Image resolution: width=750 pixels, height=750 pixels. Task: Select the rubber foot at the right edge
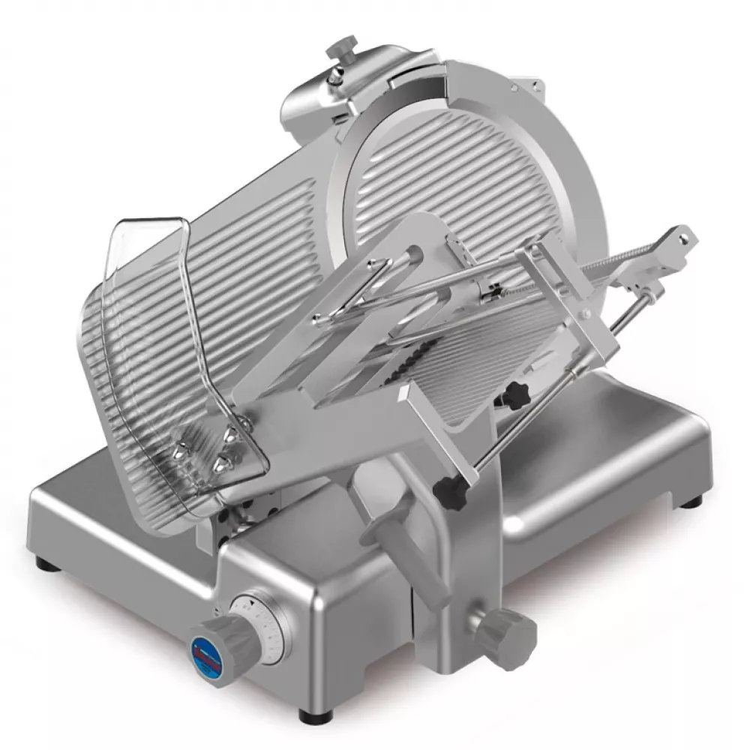pyautogui.click(x=693, y=501)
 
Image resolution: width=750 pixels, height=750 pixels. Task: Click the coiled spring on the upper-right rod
pyautogui.click(x=615, y=262)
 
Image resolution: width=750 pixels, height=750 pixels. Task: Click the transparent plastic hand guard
pyautogui.click(x=150, y=337)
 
